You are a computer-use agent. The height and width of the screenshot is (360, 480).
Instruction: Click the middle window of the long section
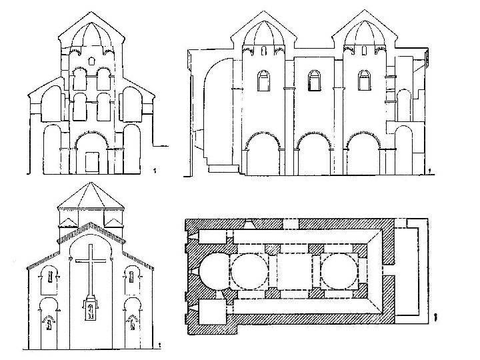[311, 81]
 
